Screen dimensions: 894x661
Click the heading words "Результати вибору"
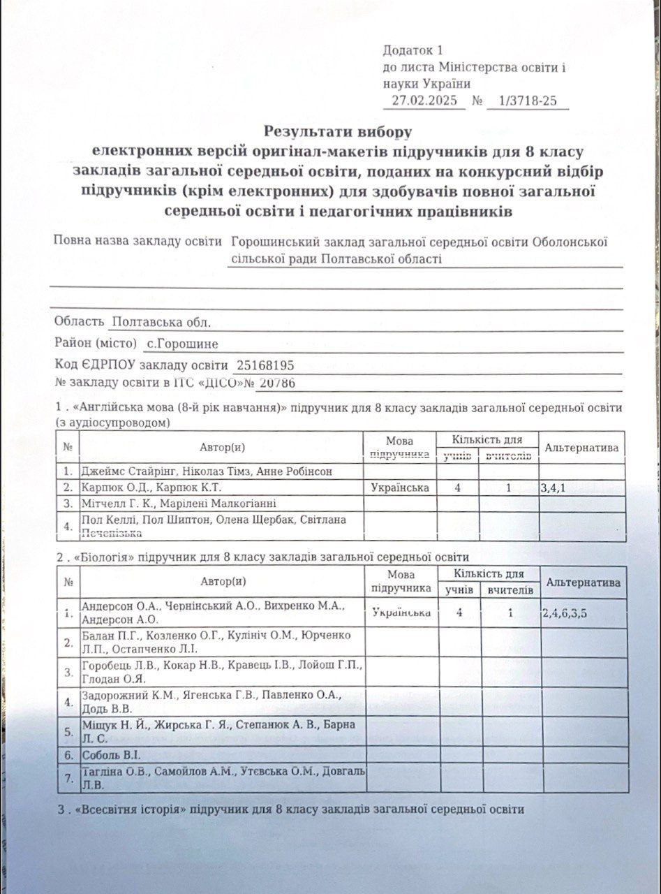click(x=339, y=131)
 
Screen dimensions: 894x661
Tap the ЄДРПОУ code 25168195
click(x=265, y=365)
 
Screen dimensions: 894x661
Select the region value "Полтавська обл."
click(x=161, y=322)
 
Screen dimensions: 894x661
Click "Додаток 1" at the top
click(x=413, y=50)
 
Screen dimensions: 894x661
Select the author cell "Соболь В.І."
click(x=112, y=755)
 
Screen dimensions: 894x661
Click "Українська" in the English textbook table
click(x=400, y=488)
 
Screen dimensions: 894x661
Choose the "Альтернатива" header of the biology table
click(x=584, y=582)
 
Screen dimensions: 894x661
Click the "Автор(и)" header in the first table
click(x=222, y=446)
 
